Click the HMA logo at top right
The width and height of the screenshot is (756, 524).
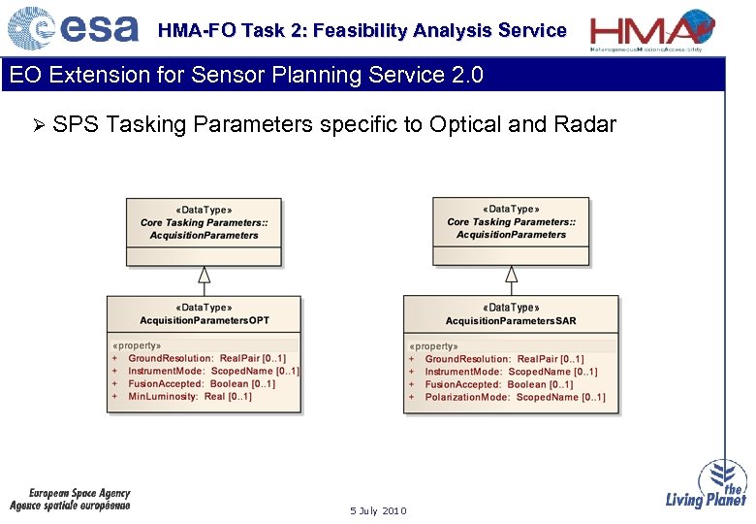[653, 29]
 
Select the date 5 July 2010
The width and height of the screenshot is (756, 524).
[378, 511]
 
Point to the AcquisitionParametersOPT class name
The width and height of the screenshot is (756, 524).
[205, 320]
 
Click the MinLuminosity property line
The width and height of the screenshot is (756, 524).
[190, 397]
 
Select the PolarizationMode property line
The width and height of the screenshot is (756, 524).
[515, 397]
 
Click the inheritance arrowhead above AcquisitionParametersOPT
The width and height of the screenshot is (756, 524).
[205, 274]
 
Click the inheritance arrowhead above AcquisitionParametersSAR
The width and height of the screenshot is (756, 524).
[511, 274]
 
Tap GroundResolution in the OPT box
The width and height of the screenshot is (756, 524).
[171, 359]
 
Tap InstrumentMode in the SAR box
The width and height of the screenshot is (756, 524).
[463, 372]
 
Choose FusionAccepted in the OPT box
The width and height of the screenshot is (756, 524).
[167, 384]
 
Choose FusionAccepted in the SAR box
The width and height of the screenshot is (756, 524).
[463, 384]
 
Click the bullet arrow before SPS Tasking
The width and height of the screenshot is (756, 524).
[39, 125]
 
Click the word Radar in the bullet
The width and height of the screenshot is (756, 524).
[585, 124]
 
